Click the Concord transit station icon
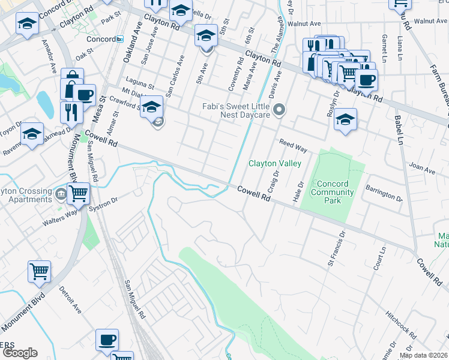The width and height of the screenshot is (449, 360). click(119, 40)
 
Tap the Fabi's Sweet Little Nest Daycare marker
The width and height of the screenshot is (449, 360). click(279, 110)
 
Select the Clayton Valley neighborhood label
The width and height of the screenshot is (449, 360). click(274, 163)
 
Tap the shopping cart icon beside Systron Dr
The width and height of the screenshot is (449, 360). click(79, 194)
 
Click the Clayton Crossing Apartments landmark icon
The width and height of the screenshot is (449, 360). click(61, 195)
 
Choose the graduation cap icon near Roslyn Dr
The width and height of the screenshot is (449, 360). click(346, 119)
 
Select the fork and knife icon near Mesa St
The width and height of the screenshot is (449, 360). click(71, 112)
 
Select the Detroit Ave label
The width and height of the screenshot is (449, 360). click(70, 300)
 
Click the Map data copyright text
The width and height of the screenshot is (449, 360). click(423, 355)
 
